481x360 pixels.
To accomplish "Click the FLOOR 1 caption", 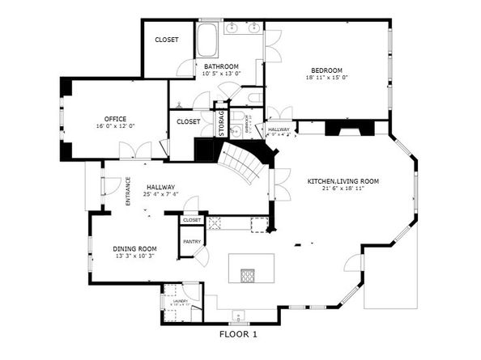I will click(238, 333).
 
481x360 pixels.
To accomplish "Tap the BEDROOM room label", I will click(326, 70).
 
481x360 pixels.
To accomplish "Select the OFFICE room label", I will click(114, 118).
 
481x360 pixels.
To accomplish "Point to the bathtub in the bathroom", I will click(206, 40).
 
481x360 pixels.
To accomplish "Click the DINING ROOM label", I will click(134, 248).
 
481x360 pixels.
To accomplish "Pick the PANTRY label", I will click(192, 241).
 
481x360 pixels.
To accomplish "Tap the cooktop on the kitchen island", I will click(246, 275).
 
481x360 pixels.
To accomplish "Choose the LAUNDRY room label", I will click(179, 301).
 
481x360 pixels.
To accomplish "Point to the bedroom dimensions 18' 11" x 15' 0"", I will click(326, 78).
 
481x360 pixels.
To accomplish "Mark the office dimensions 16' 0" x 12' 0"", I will click(114, 126).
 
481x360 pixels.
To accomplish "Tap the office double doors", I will click(135, 151).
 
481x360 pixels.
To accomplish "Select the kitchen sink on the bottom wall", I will click(237, 316).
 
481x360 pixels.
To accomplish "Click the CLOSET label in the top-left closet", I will click(167, 39).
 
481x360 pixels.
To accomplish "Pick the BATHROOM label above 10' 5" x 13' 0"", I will click(220, 66).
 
